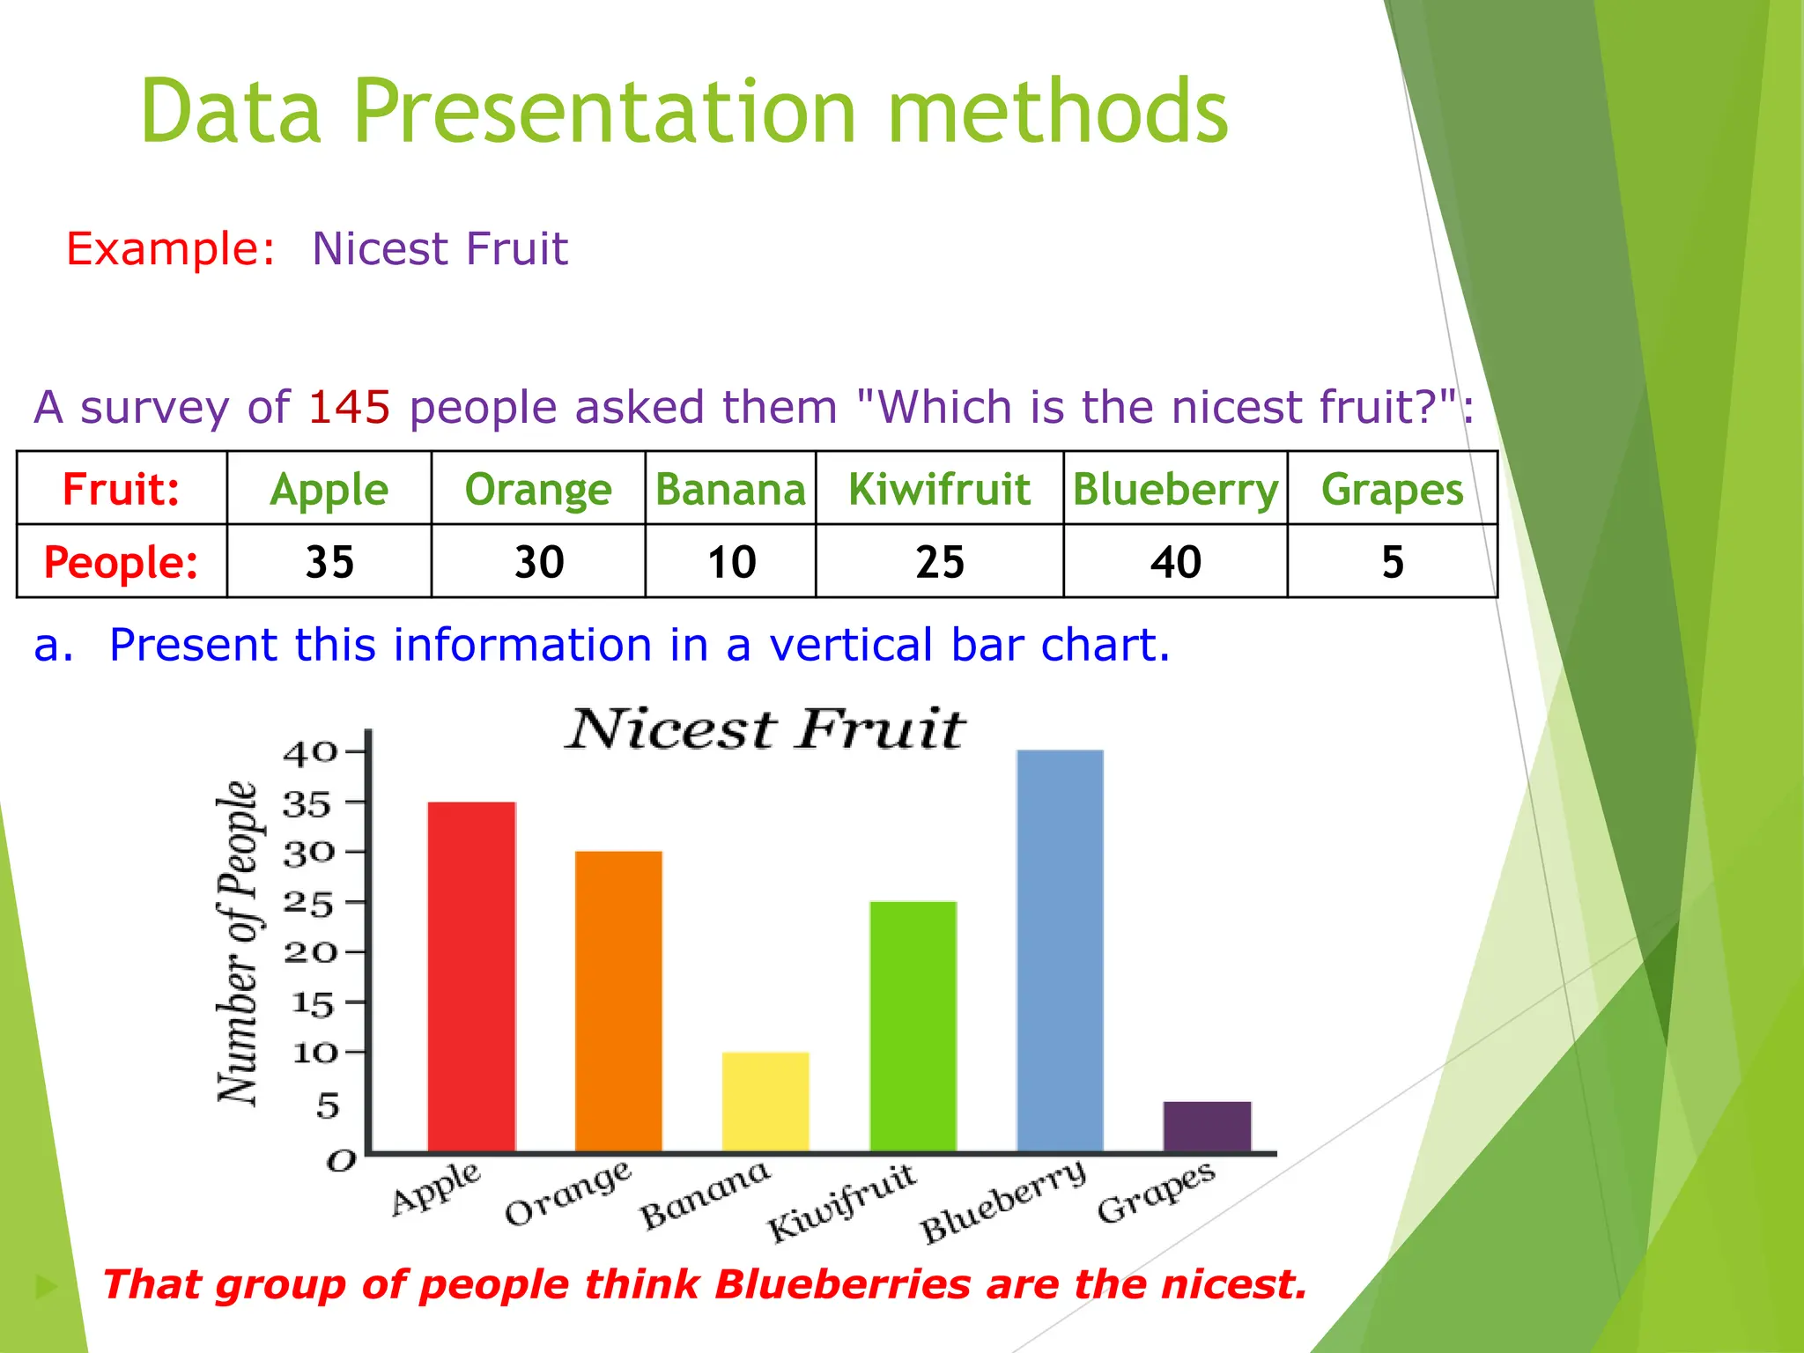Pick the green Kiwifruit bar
(913, 1026)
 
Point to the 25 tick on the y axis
(308, 904)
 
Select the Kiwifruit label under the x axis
(842, 1201)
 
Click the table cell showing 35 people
(329, 562)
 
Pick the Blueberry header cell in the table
(1175, 489)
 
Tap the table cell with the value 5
(1392, 562)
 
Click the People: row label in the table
(122, 562)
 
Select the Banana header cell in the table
(730, 489)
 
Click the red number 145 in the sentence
(349, 407)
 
